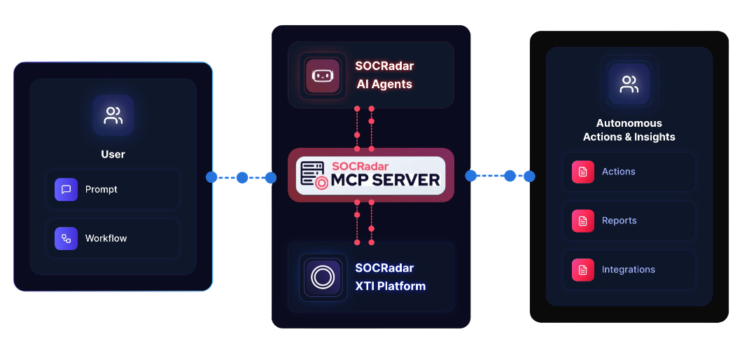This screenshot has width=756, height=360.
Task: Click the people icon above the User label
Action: coord(113,116)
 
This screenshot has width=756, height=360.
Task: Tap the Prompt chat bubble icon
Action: coord(66,189)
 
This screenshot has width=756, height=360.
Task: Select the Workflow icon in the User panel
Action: coord(66,238)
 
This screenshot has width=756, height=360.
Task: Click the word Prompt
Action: coord(101,189)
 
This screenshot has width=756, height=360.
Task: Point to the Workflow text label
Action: coord(106,238)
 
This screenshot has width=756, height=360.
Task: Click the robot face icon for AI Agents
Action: coord(322,76)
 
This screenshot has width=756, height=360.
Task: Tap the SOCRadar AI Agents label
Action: coord(384,75)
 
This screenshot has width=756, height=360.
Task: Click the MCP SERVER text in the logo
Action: coord(386,180)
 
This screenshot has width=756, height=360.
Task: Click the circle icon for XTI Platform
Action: coord(322,277)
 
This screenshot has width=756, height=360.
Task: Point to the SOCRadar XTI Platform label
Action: coord(389,277)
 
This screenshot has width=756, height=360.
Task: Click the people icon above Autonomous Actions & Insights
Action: coord(629,85)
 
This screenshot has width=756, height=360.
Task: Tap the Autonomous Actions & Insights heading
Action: coord(629,130)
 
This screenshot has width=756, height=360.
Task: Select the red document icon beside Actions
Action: coord(582,172)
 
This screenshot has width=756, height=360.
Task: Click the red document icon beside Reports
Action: coord(582,221)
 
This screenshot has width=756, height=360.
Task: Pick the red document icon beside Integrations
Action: coord(582,270)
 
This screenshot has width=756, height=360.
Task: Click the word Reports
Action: coord(619,221)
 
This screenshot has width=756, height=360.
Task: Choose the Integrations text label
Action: coord(628,270)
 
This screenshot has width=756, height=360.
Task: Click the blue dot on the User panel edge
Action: coord(212,177)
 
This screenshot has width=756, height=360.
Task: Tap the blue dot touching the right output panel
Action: coord(529,176)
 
